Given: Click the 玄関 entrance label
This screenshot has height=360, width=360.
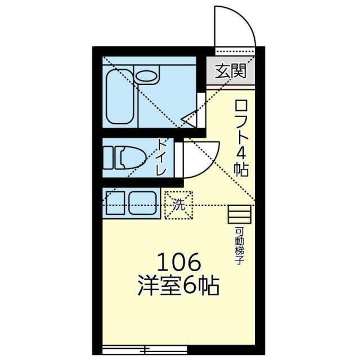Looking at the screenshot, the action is [231, 71].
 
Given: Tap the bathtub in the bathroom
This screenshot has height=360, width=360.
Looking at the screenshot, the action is [120, 97].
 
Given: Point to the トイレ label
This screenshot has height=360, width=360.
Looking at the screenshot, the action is [161, 157].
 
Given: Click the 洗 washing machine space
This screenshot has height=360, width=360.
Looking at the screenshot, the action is [179, 205].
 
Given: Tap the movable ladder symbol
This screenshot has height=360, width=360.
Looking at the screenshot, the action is [240, 214].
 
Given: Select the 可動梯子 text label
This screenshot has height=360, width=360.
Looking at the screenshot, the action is [240, 246].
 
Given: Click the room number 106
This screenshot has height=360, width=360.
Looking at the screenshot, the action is [179, 262].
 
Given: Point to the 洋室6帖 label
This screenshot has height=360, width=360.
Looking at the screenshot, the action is [179, 286].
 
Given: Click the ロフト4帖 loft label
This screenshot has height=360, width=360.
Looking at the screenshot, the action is [241, 138].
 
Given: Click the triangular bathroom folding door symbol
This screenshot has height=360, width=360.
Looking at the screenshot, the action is [189, 119].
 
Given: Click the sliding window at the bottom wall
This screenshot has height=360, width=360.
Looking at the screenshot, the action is [145, 350].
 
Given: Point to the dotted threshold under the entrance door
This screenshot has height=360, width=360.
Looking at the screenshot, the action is [235, 51].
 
